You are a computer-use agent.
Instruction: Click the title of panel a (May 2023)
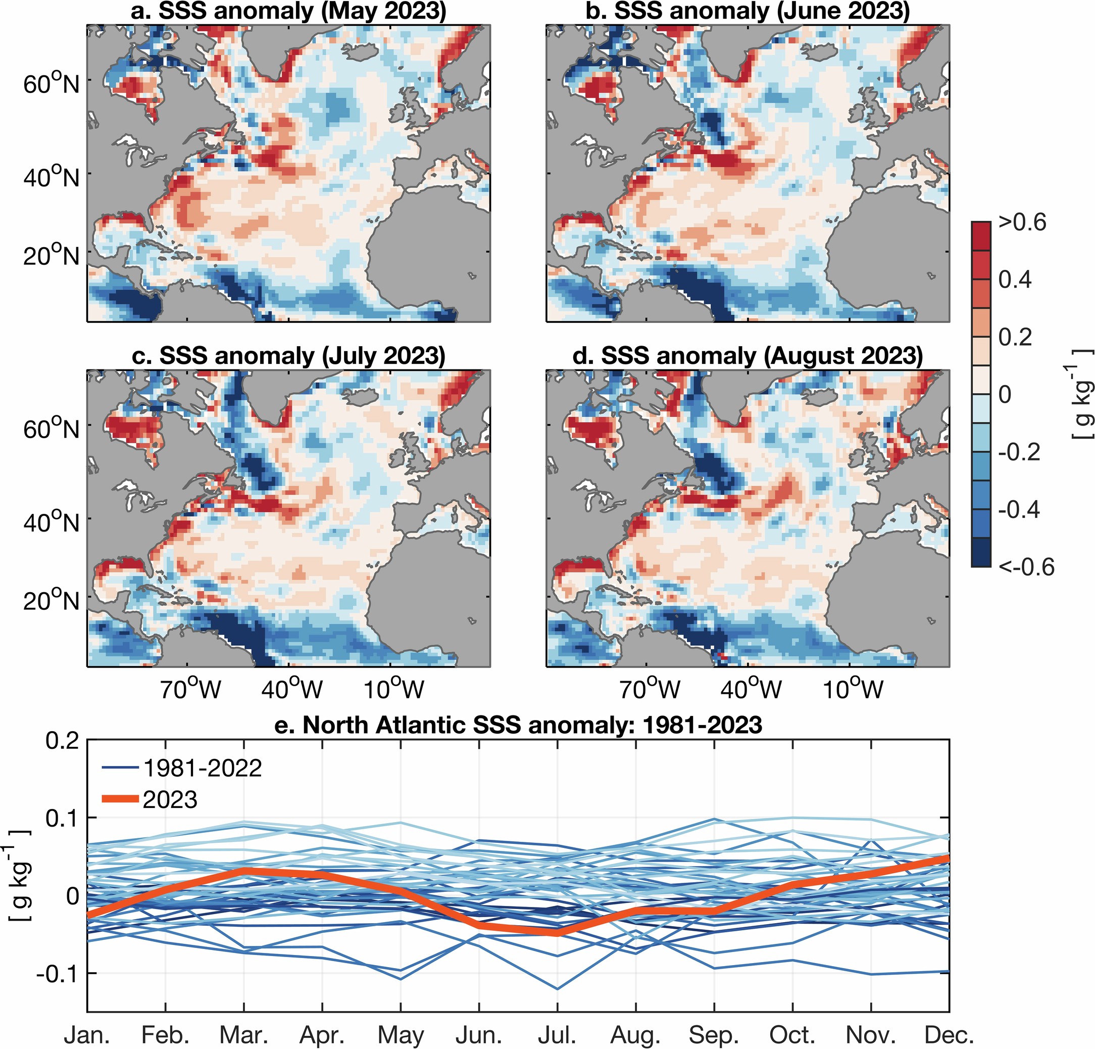coord(288,11)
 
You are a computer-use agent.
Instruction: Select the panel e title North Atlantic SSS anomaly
coord(518,725)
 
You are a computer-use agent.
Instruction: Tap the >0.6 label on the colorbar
coord(1022,222)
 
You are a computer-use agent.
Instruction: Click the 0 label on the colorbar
coord(1005,395)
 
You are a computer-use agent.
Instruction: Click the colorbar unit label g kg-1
coord(1082,394)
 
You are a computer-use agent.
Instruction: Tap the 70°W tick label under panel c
coord(190,689)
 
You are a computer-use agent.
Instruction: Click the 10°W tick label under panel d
coord(853,689)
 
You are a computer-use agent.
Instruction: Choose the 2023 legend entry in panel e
coord(169,800)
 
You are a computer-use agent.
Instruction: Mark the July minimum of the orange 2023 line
coord(557,932)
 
